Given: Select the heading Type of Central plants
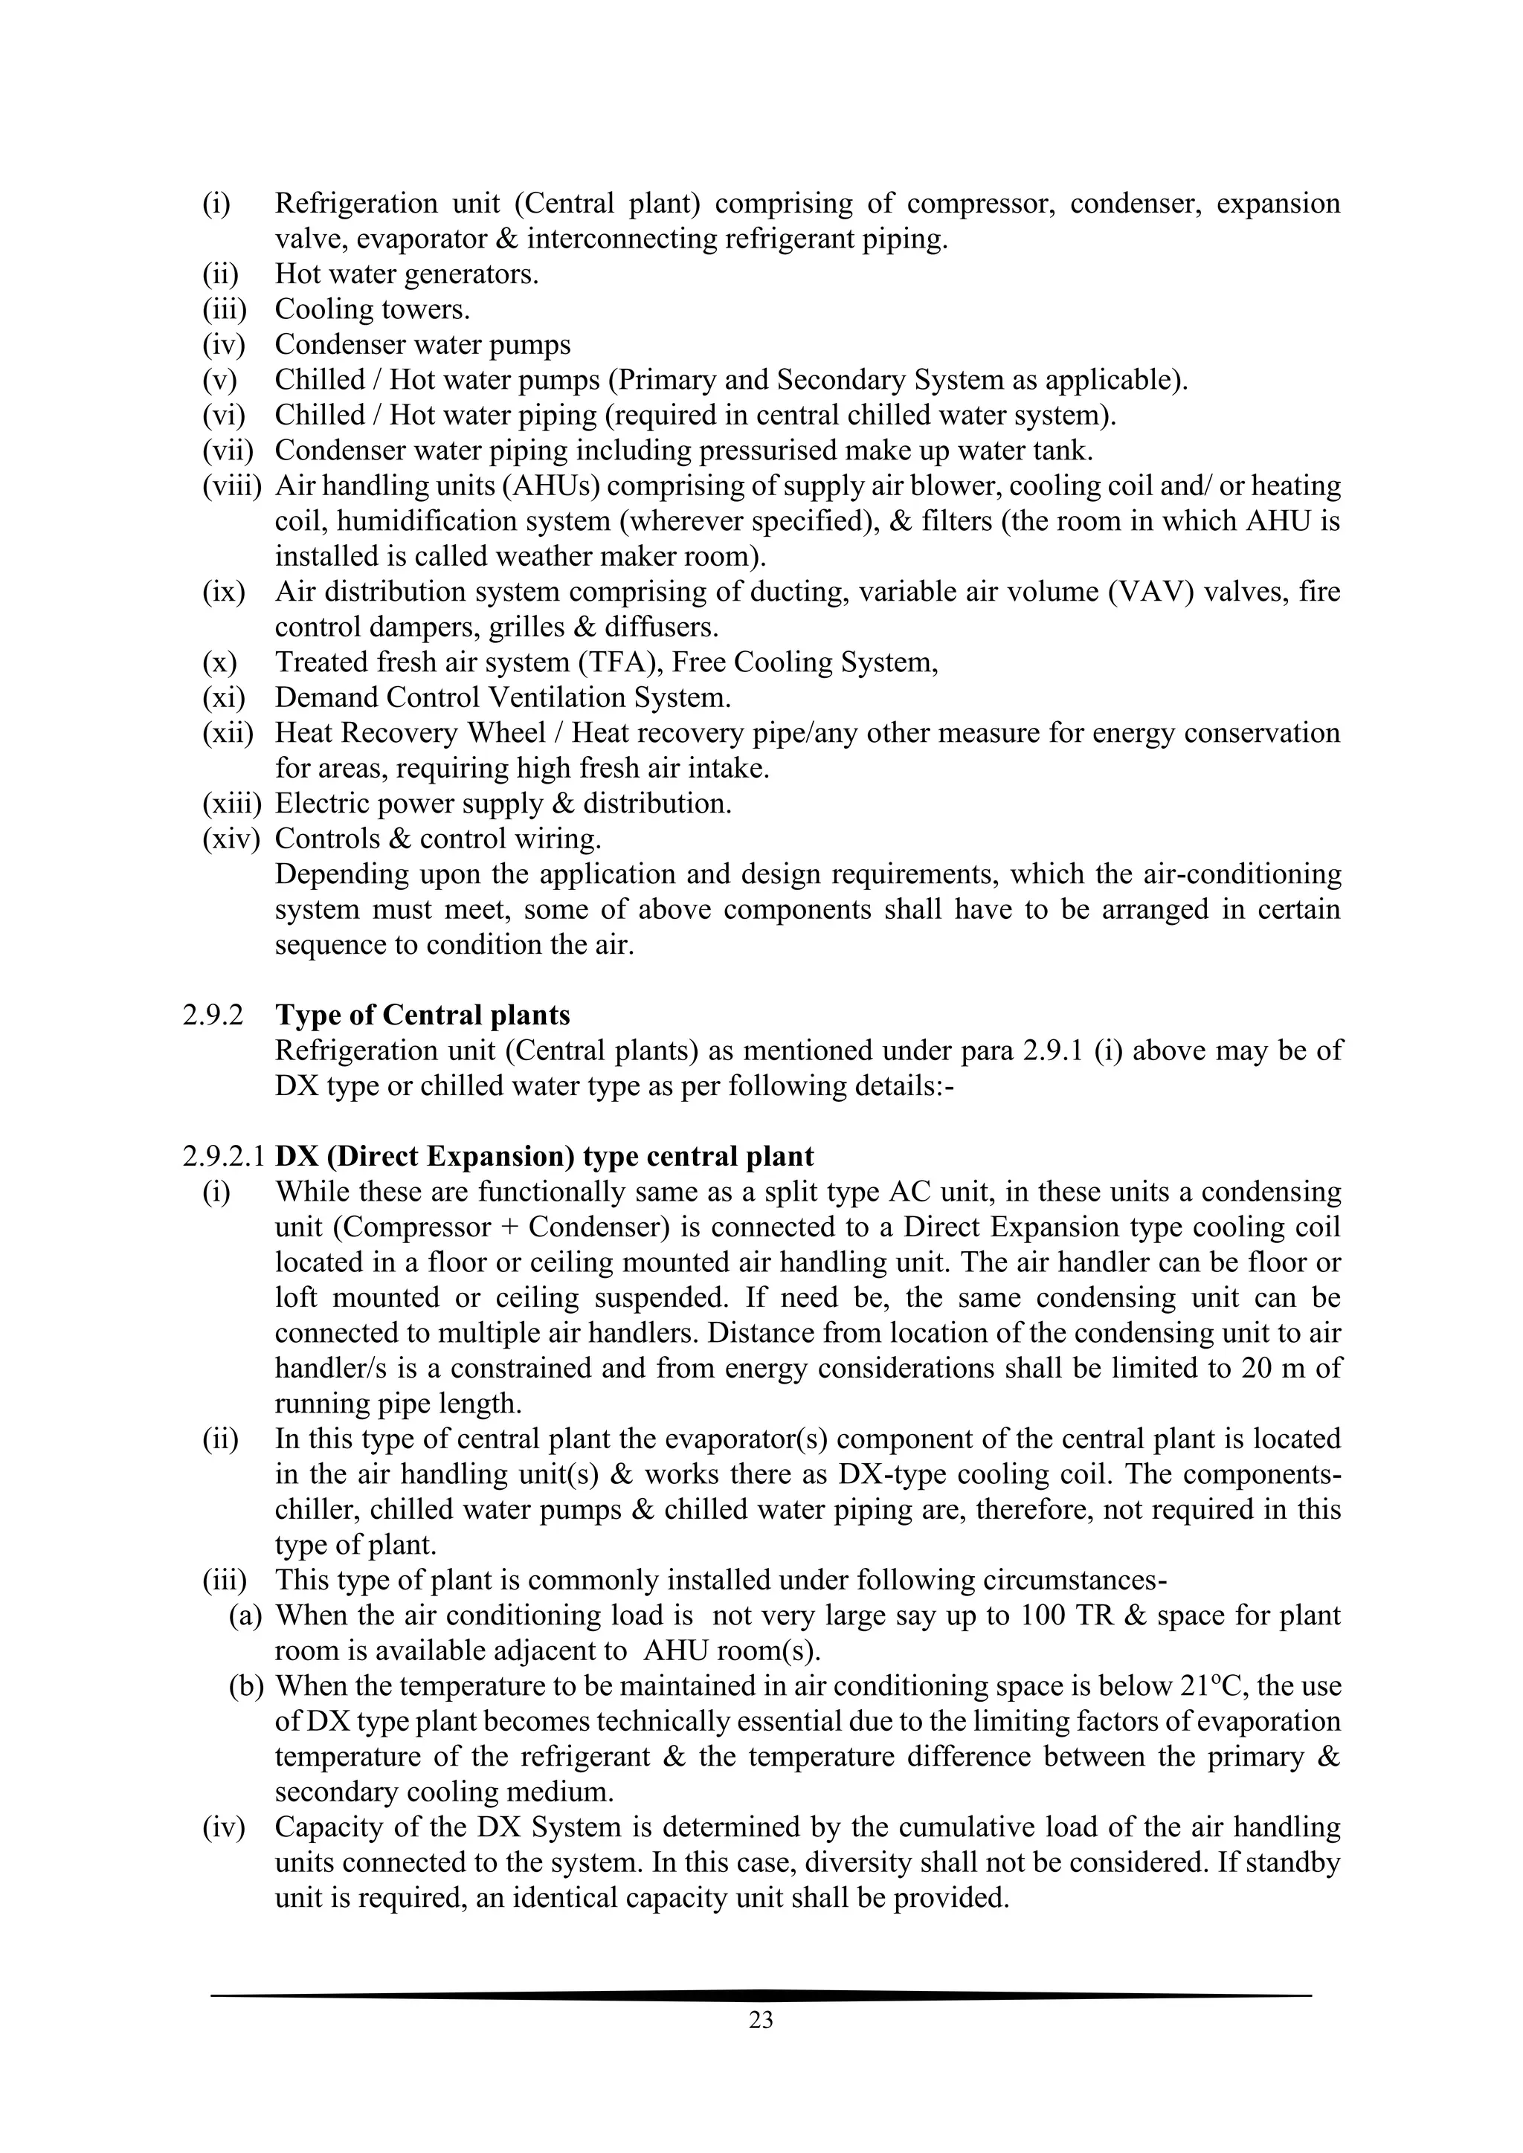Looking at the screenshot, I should tap(422, 1016).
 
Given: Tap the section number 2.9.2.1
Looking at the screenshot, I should tap(225, 1156).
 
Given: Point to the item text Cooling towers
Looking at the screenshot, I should tap(373, 309).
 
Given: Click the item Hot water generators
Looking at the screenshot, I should tap(406, 274).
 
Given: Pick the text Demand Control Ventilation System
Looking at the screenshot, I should tap(503, 697).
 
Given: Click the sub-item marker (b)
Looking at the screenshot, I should tap(248, 1686).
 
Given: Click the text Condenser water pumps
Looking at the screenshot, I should tap(422, 344).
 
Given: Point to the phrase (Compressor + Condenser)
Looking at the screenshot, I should tap(485, 1227).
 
